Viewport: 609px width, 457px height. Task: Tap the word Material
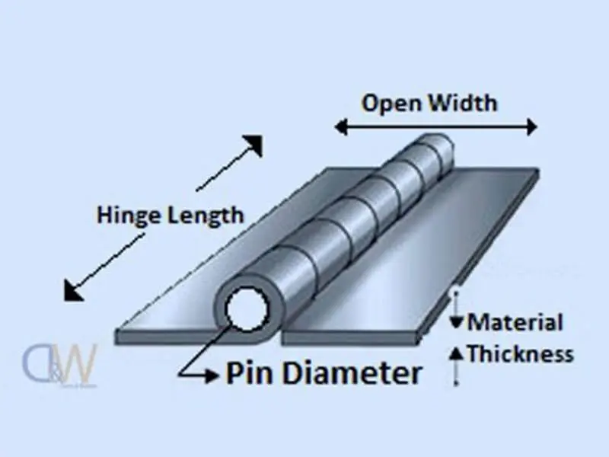515,322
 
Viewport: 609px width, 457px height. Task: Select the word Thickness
520,353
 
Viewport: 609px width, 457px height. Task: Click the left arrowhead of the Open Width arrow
341,127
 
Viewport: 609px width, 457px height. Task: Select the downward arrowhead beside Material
456,322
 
